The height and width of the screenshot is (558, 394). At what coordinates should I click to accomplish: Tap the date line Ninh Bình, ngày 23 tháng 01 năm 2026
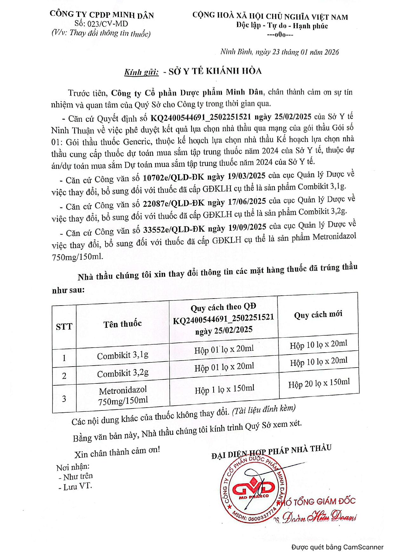(x=280, y=52)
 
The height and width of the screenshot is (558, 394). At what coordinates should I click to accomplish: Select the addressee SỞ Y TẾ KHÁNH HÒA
(x=215, y=71)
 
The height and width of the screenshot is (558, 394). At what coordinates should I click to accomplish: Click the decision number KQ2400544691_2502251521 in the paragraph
(x=201, y=117)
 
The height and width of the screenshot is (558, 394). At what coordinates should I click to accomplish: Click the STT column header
(x=64, y=327)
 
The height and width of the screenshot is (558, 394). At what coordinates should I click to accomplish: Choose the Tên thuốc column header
(x=123, y=324)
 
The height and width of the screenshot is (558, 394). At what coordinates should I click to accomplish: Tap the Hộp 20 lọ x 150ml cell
(x=319, y=383)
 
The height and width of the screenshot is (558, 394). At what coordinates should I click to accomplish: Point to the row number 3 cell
(x=64, y=399)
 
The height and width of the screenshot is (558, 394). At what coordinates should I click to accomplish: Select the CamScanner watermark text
(x=337, y=547)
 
